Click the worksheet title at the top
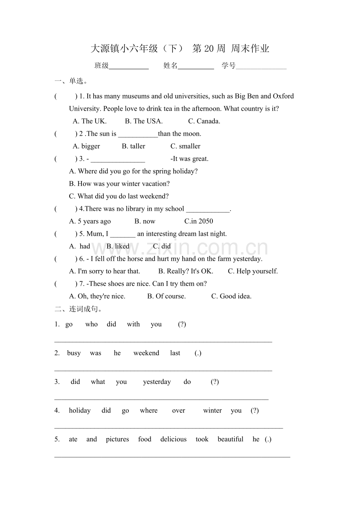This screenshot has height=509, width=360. pos(180,49)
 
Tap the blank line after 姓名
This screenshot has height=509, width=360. pos(196,66)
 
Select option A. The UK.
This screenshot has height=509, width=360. pos(90,121)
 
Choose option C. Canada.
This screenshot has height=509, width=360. pos(204,121)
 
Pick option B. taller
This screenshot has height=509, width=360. pos(133,146)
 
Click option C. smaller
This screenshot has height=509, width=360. pos(185,146)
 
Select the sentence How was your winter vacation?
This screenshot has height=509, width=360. pos(119,184)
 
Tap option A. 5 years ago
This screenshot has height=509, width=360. pos(90,221)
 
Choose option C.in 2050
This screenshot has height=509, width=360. pos(199,221)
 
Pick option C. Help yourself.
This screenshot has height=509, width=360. pos(253,271)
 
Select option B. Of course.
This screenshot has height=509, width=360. pos(166,296)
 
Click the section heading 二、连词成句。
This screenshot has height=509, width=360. pos(78,309)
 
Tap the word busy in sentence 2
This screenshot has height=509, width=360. pos(74,353)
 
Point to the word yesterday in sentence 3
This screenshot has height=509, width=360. pos(157,382)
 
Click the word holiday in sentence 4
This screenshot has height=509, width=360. pos(80,410)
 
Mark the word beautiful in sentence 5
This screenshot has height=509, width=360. pos(230,439)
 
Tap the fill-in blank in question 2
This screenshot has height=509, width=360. pos(138,134)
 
